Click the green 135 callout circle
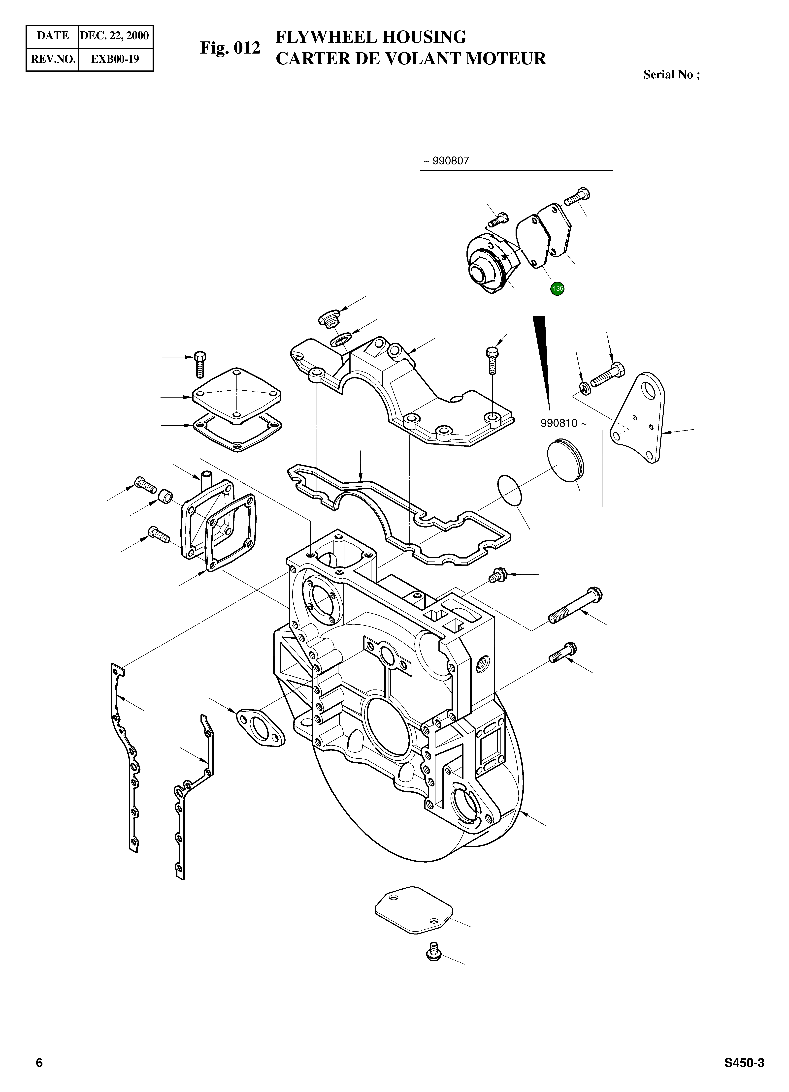(557, 289)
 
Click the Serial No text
(671, 75)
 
